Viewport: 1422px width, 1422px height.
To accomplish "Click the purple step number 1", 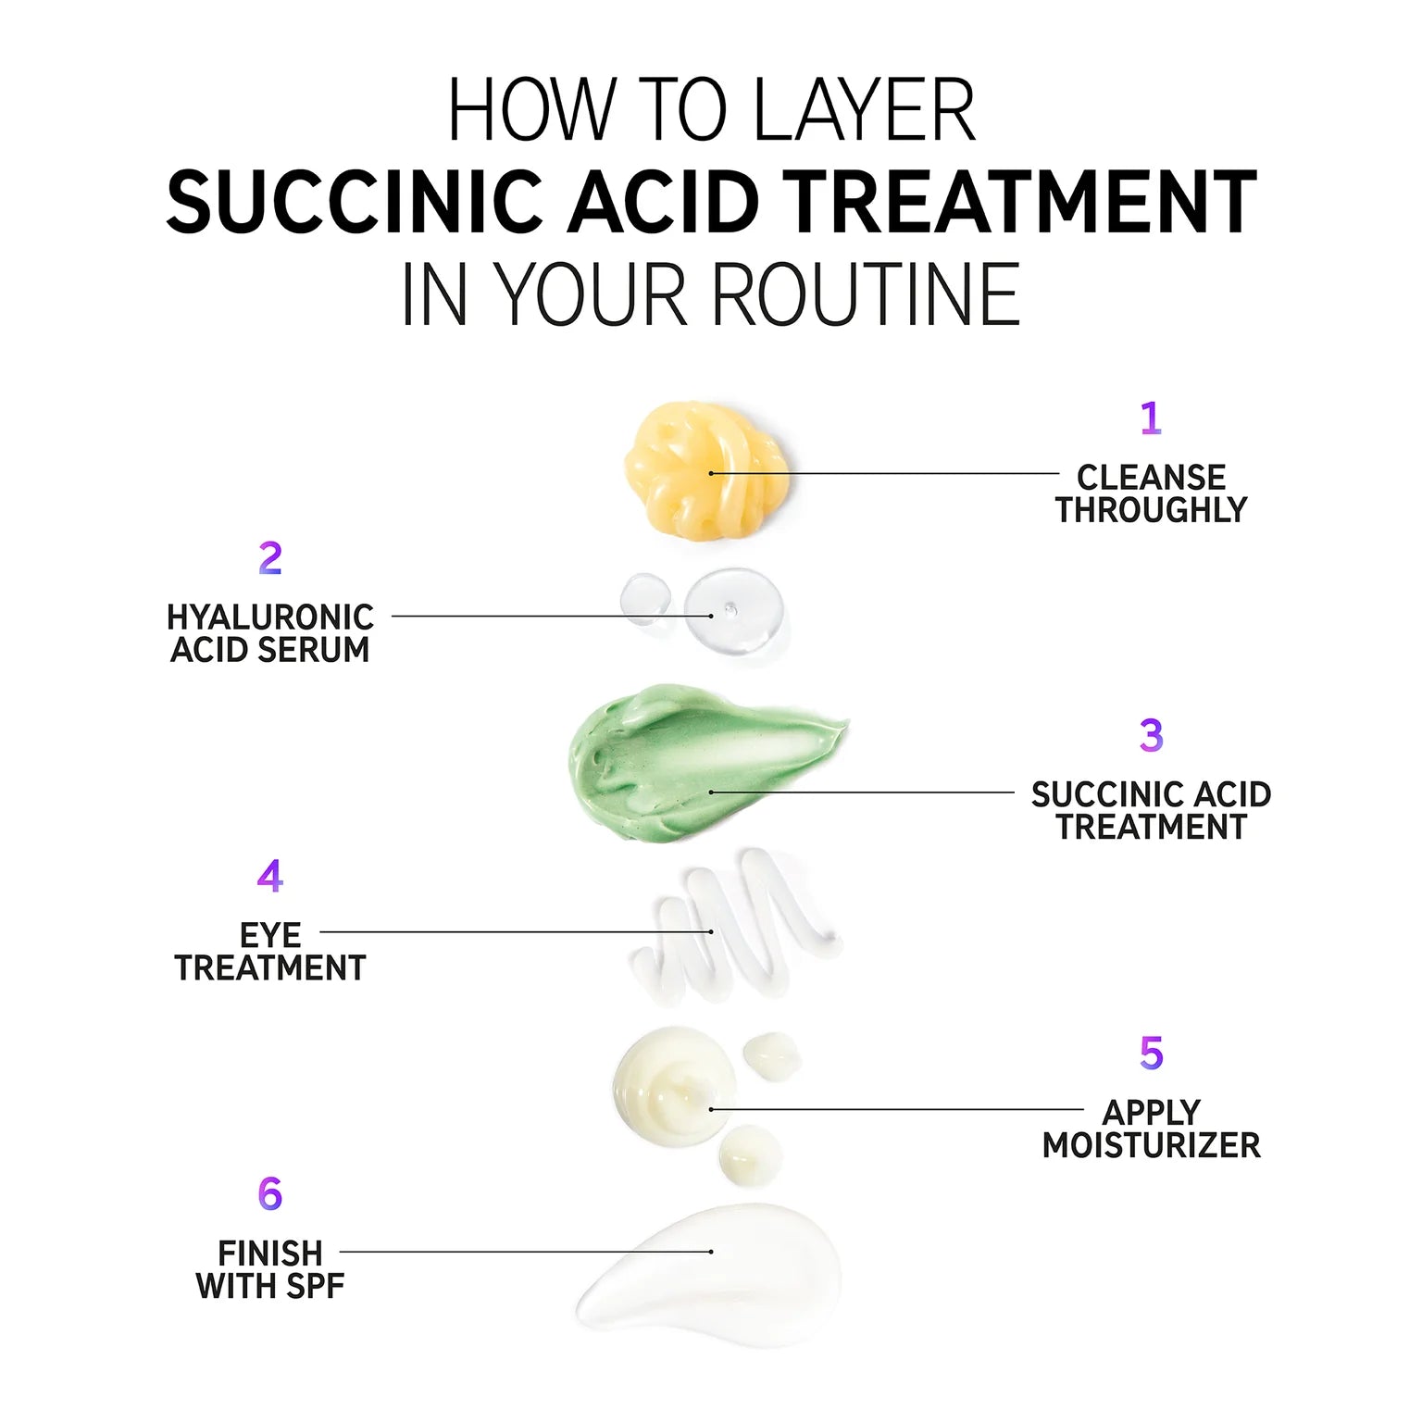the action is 1151,418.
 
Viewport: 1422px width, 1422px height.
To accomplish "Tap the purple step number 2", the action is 269,558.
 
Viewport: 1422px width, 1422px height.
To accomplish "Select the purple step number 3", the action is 1151,735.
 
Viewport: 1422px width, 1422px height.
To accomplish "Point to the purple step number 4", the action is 269,876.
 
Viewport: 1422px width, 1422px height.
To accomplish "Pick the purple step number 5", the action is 1151,1053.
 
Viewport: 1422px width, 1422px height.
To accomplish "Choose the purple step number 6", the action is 269,1194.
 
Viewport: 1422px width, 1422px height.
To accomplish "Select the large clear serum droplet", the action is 734,613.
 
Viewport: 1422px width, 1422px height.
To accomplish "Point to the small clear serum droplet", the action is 645,598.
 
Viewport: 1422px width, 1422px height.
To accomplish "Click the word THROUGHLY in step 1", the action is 1151,510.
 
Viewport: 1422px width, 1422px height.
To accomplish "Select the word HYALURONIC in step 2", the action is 269,617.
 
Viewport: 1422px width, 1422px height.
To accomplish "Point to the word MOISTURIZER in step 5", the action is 1151,1146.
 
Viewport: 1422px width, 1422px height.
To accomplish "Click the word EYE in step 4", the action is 269,936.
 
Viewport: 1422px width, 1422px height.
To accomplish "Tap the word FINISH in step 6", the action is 269,1254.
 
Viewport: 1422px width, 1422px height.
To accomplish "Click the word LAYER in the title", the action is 865,110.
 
